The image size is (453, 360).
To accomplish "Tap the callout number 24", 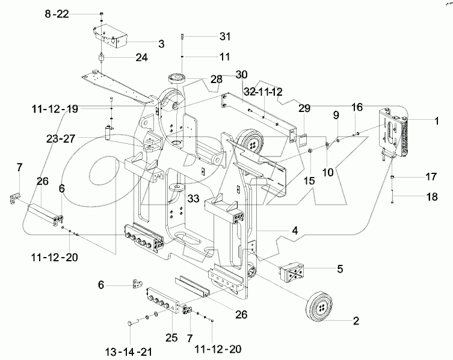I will pos(141,58).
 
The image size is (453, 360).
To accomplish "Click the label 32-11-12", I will pos(262,93).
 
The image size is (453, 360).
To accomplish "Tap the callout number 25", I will pos(171,338).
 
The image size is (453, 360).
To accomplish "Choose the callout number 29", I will pos(305,108).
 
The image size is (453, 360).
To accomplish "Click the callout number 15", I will pos(310,179).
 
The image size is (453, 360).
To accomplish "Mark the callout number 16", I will pos(357,107).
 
